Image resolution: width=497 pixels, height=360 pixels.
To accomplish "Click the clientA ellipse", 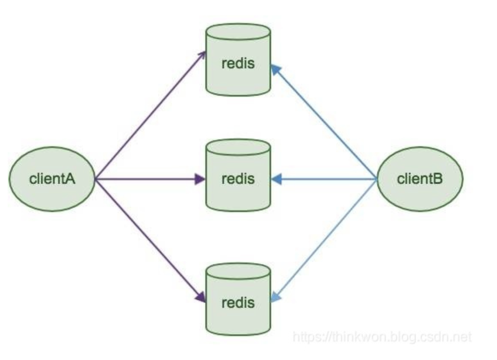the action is [52, 179].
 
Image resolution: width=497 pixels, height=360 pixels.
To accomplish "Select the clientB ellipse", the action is [420, 179].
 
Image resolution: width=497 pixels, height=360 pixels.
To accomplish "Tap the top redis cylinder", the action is [238, 59].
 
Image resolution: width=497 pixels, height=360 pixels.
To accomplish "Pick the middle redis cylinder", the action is [238, 175].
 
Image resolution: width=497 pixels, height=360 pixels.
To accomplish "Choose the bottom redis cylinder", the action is [238, 299].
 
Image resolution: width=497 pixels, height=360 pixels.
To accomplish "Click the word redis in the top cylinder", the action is [238, 63].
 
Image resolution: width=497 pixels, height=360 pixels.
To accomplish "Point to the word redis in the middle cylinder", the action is [238, 179].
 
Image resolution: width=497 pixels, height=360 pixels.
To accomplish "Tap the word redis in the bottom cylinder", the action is [238, 303].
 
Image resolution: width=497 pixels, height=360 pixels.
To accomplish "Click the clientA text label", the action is [52, 179].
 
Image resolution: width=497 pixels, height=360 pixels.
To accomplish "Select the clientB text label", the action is [420, 179].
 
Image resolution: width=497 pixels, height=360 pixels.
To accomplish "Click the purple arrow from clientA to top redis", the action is [150, 115].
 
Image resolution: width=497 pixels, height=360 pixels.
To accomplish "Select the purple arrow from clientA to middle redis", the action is [150, 180].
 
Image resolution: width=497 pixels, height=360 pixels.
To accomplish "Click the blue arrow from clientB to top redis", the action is [324, 122].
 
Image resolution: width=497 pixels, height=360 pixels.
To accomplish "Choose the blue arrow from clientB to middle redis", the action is [324, 180].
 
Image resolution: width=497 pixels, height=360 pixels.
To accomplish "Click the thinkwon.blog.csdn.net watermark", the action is [382, 336].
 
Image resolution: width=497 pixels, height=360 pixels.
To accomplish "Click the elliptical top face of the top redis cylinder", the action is [238, 32].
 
